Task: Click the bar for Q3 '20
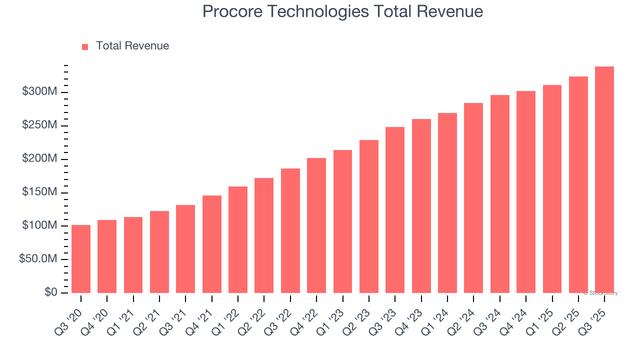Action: coord(81,259)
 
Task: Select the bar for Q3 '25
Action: coord(604,180)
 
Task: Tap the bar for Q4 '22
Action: coord(316,225)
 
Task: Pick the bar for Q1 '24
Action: coord(447,203)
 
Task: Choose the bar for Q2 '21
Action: coord(159,252)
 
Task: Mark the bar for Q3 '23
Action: coord(395,210)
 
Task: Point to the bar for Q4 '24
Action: coord(526,192)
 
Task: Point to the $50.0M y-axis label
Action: coord(38,259)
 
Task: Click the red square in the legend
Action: coord(85,46)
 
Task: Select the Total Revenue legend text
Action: coord(132,46)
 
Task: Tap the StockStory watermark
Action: coord(600,293)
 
